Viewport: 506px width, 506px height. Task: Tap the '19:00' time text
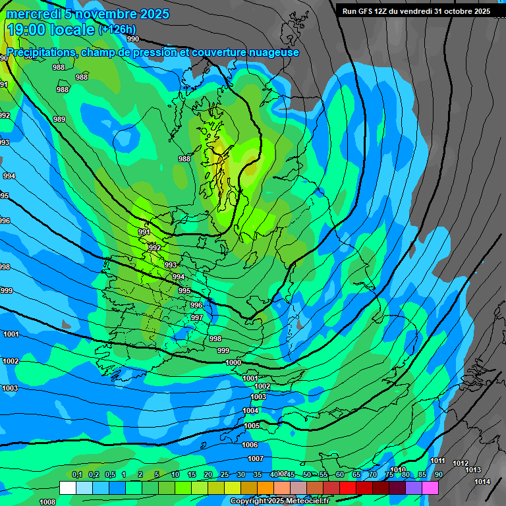pos(26,30)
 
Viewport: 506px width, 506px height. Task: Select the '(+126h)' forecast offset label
pos(117,30)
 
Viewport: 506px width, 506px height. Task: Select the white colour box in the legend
pos(67,488)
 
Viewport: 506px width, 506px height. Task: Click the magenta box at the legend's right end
pos(430,488)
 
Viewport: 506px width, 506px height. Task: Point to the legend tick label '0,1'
pos(76,475)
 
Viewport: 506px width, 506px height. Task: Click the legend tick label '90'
pos(438,475)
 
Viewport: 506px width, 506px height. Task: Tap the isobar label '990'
pos(133,39)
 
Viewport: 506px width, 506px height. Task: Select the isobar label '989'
pos(59,119)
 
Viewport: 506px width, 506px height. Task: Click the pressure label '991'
pos(144,233)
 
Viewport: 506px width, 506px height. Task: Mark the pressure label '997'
pos(196,318)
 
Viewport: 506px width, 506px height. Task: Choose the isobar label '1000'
pos(233,363)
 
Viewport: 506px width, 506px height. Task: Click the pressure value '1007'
pos(256,459)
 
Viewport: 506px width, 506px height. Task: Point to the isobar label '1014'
pos(482,482)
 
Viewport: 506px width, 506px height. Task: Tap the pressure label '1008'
pos(47,502)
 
